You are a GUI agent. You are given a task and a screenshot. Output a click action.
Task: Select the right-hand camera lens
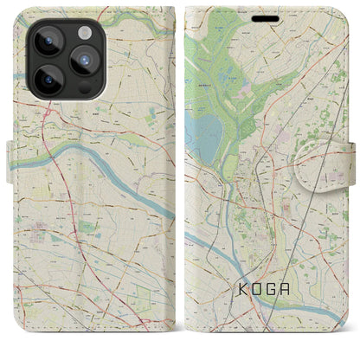point(83,61)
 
